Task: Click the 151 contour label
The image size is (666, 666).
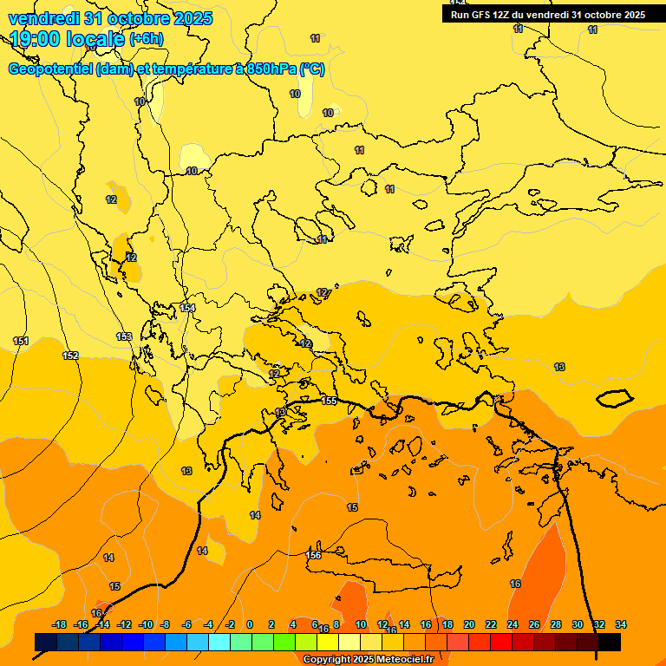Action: [21, 341]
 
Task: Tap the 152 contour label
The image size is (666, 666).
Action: [70, 356]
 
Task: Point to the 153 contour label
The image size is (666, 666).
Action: [124, 336]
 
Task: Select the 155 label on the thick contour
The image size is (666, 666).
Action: [330, 401]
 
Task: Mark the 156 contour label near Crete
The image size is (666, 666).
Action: [314, 554]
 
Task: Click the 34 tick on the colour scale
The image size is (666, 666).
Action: [621, 624]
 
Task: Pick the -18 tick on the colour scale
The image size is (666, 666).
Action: [60, 624]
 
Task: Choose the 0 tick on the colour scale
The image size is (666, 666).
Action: [250, 624]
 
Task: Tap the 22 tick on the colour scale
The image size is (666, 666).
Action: [491, 624]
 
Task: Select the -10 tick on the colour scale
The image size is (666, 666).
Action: [146, 624]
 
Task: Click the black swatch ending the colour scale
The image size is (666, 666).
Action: [610, 643]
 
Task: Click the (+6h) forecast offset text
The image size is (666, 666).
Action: [146, 39]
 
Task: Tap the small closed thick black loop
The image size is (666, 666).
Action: [615, 398]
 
